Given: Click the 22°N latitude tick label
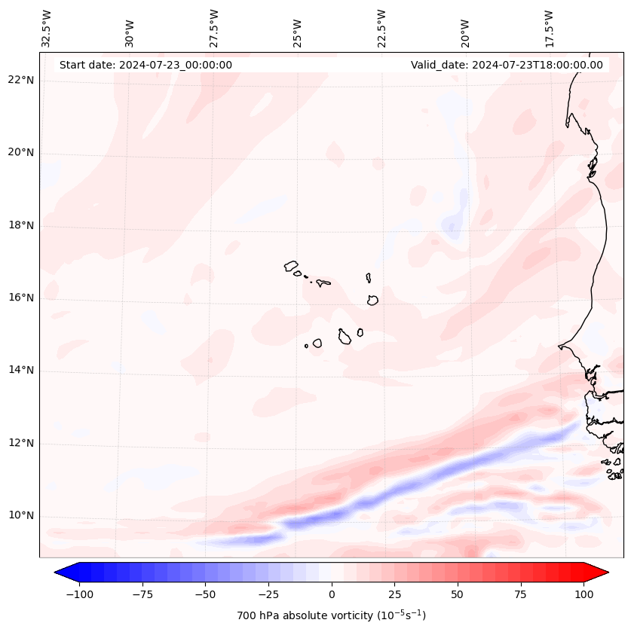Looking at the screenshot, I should coord(21,80).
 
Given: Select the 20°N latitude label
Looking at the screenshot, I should coord(21,152).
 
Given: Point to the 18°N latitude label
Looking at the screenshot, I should coord(21,225).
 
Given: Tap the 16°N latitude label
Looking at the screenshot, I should coord(21,298).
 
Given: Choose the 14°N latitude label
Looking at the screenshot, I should coord(21,371).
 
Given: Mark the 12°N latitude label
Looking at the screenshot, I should coord(21,443).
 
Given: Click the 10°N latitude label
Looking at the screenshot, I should coord(21,516).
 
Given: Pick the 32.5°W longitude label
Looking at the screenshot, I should coord(47,28).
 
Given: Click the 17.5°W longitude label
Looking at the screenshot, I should coord(549,28).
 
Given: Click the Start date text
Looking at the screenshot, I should coord(145,65).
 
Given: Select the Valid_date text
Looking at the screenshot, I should coord(507,65).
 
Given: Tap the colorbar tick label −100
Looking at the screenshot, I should coord(79,594).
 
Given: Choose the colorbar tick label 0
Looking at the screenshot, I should coord(332,594).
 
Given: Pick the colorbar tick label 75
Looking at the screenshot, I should coord(521,594).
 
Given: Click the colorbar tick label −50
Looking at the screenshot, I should coord(205,594).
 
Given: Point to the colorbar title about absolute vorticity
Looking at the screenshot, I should coord(332,615).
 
